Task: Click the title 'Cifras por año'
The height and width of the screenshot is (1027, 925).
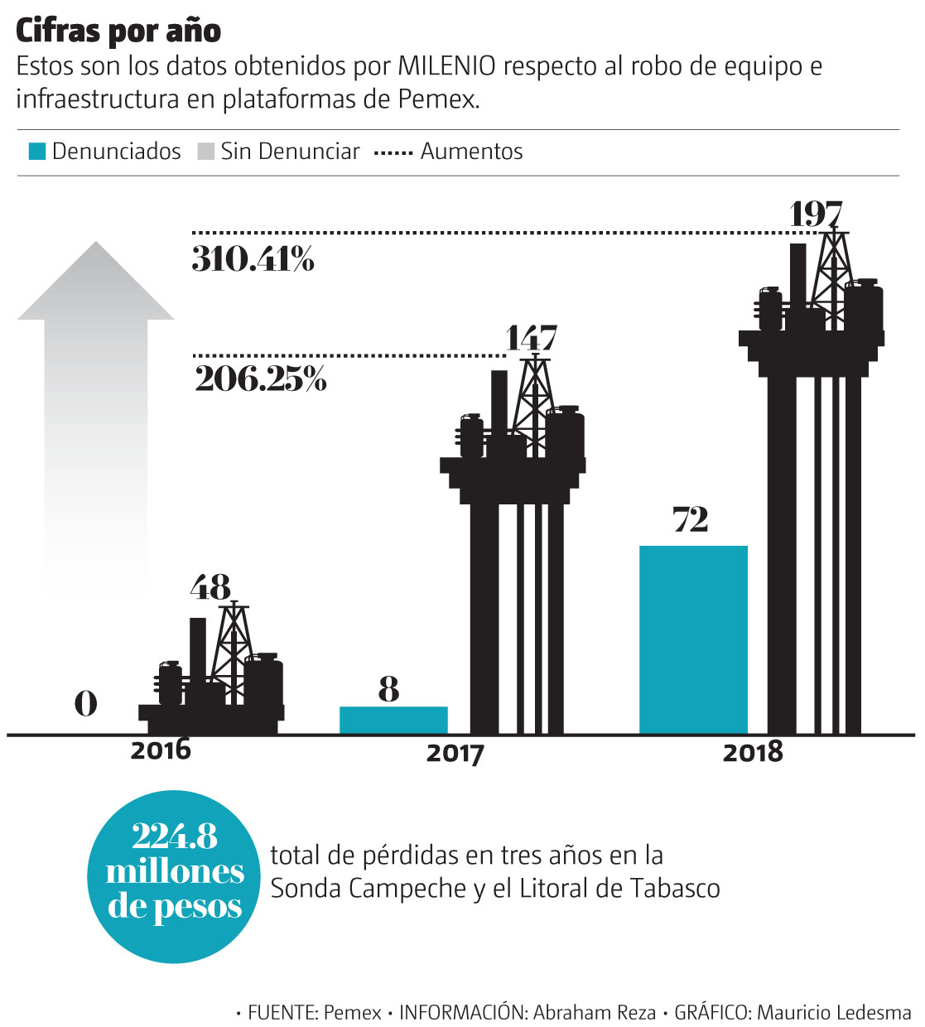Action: pos(118,31)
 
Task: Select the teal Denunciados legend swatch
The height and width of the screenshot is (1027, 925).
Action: pos(36,152)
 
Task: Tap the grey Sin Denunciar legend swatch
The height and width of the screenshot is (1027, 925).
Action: pos(205,152)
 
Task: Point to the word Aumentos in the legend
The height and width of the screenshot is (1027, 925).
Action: pos(471,152)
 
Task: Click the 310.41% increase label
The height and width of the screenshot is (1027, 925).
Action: pos(253,259)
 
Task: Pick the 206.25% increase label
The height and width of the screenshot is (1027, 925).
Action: pos(261,378)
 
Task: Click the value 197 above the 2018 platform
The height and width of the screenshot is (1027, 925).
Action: pos(816,214)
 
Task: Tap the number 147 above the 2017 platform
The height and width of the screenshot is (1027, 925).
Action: pos(532,338)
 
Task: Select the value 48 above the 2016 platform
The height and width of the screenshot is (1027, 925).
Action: pos(210,587)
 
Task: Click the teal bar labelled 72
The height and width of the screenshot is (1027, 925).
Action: pos(693,639)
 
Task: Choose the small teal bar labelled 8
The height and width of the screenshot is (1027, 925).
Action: pos(393,720)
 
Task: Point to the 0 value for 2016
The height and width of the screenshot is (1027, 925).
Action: pos(85,704)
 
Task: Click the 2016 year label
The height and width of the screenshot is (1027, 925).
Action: pos(161,750)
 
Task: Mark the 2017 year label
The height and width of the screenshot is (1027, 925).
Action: pos(455,754)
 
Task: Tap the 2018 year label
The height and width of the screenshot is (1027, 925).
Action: pos(752,752)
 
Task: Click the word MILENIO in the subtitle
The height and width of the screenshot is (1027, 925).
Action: pos(447,66)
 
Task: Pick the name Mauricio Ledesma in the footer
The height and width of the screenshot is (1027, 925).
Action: pos(834,1012)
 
